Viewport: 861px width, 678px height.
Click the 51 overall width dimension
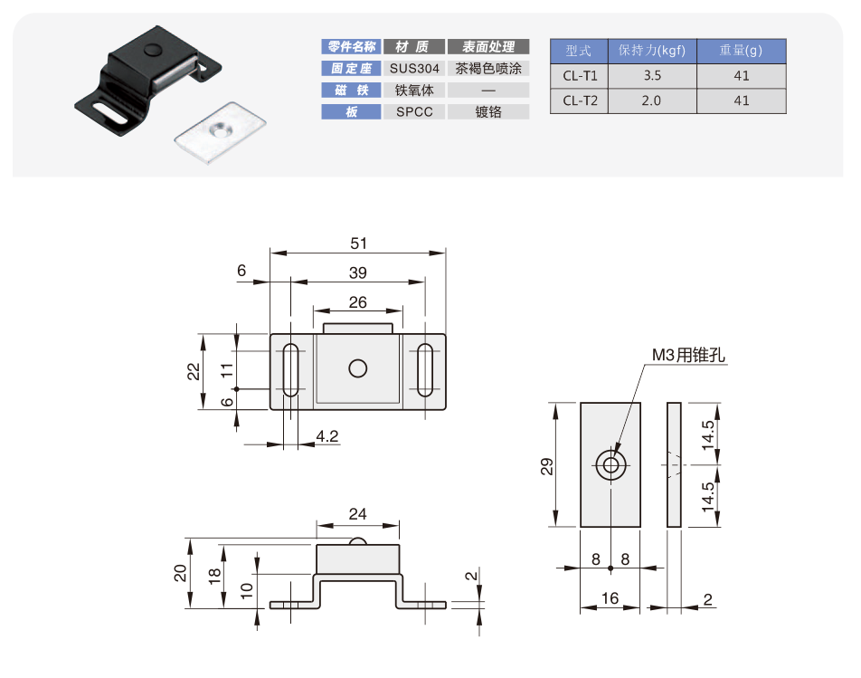359,243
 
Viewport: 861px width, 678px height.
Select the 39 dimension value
358,272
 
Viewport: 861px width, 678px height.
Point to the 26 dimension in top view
358,301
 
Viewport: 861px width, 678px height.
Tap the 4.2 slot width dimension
327,436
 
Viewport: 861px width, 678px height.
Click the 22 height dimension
194,371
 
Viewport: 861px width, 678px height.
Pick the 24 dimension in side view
358,514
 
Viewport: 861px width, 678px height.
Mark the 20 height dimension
181,572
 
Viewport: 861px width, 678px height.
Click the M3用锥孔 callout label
689,355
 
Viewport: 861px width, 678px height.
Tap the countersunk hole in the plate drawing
611,466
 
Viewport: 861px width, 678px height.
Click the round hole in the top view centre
358,368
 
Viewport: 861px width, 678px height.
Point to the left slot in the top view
291,370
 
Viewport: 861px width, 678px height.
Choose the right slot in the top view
424,370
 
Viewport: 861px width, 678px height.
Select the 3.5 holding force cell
651,76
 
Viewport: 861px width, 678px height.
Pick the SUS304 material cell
415,69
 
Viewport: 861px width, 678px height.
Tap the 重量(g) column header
742,51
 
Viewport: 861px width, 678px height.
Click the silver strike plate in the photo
219,133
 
